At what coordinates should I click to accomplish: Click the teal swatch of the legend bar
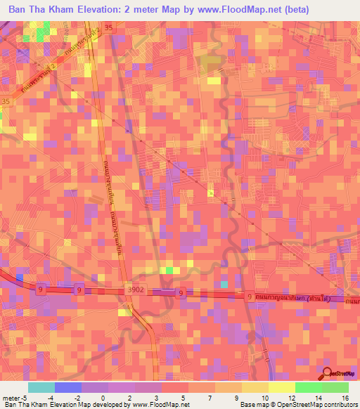pyautogui.click(x=41, y=387)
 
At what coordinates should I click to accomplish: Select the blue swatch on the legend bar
pyautogui.click(x=68, y=387)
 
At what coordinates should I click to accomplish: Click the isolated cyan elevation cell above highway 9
pyautogui.click(x=224, y=284)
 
